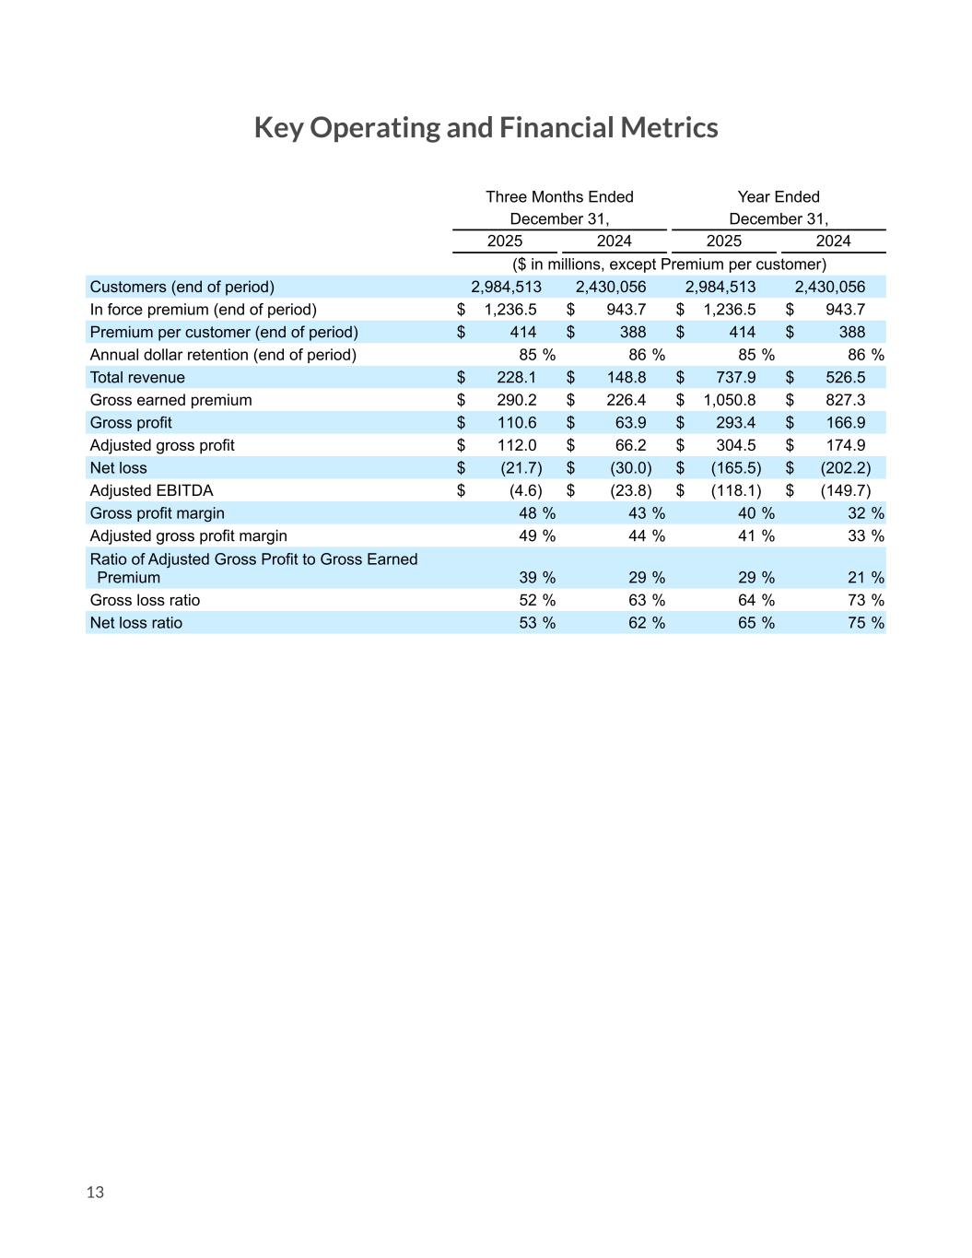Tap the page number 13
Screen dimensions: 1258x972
point(95,1192)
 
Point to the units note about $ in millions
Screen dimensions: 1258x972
point(669,265)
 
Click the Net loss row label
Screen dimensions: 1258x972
point(118,468)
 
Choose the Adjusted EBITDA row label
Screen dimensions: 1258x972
point(151,490)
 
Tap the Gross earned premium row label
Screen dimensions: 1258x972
point(170,400)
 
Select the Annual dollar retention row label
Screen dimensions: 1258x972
point(222,355)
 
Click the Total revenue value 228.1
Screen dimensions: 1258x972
point(517,378)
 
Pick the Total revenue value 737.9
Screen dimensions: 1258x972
point(735,378)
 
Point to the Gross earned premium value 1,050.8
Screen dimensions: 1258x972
point(729,400)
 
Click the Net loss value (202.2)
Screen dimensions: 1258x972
point(845,468)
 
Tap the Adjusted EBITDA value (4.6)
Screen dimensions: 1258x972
point(525,490)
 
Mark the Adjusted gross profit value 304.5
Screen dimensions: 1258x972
point(735,445)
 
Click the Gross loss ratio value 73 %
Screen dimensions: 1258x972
point(865,600)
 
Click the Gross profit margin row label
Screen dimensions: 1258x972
point(157,513)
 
